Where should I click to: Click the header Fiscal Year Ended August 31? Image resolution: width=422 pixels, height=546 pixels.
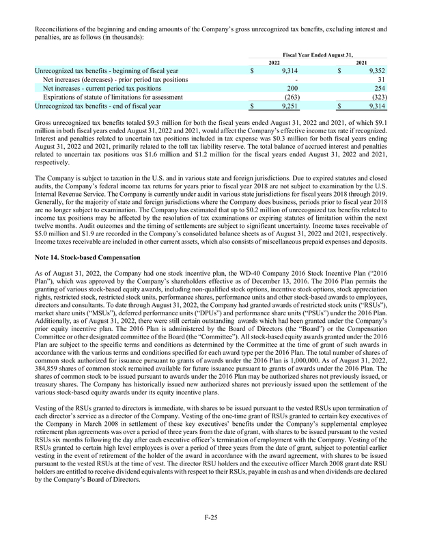pos(319,53)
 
